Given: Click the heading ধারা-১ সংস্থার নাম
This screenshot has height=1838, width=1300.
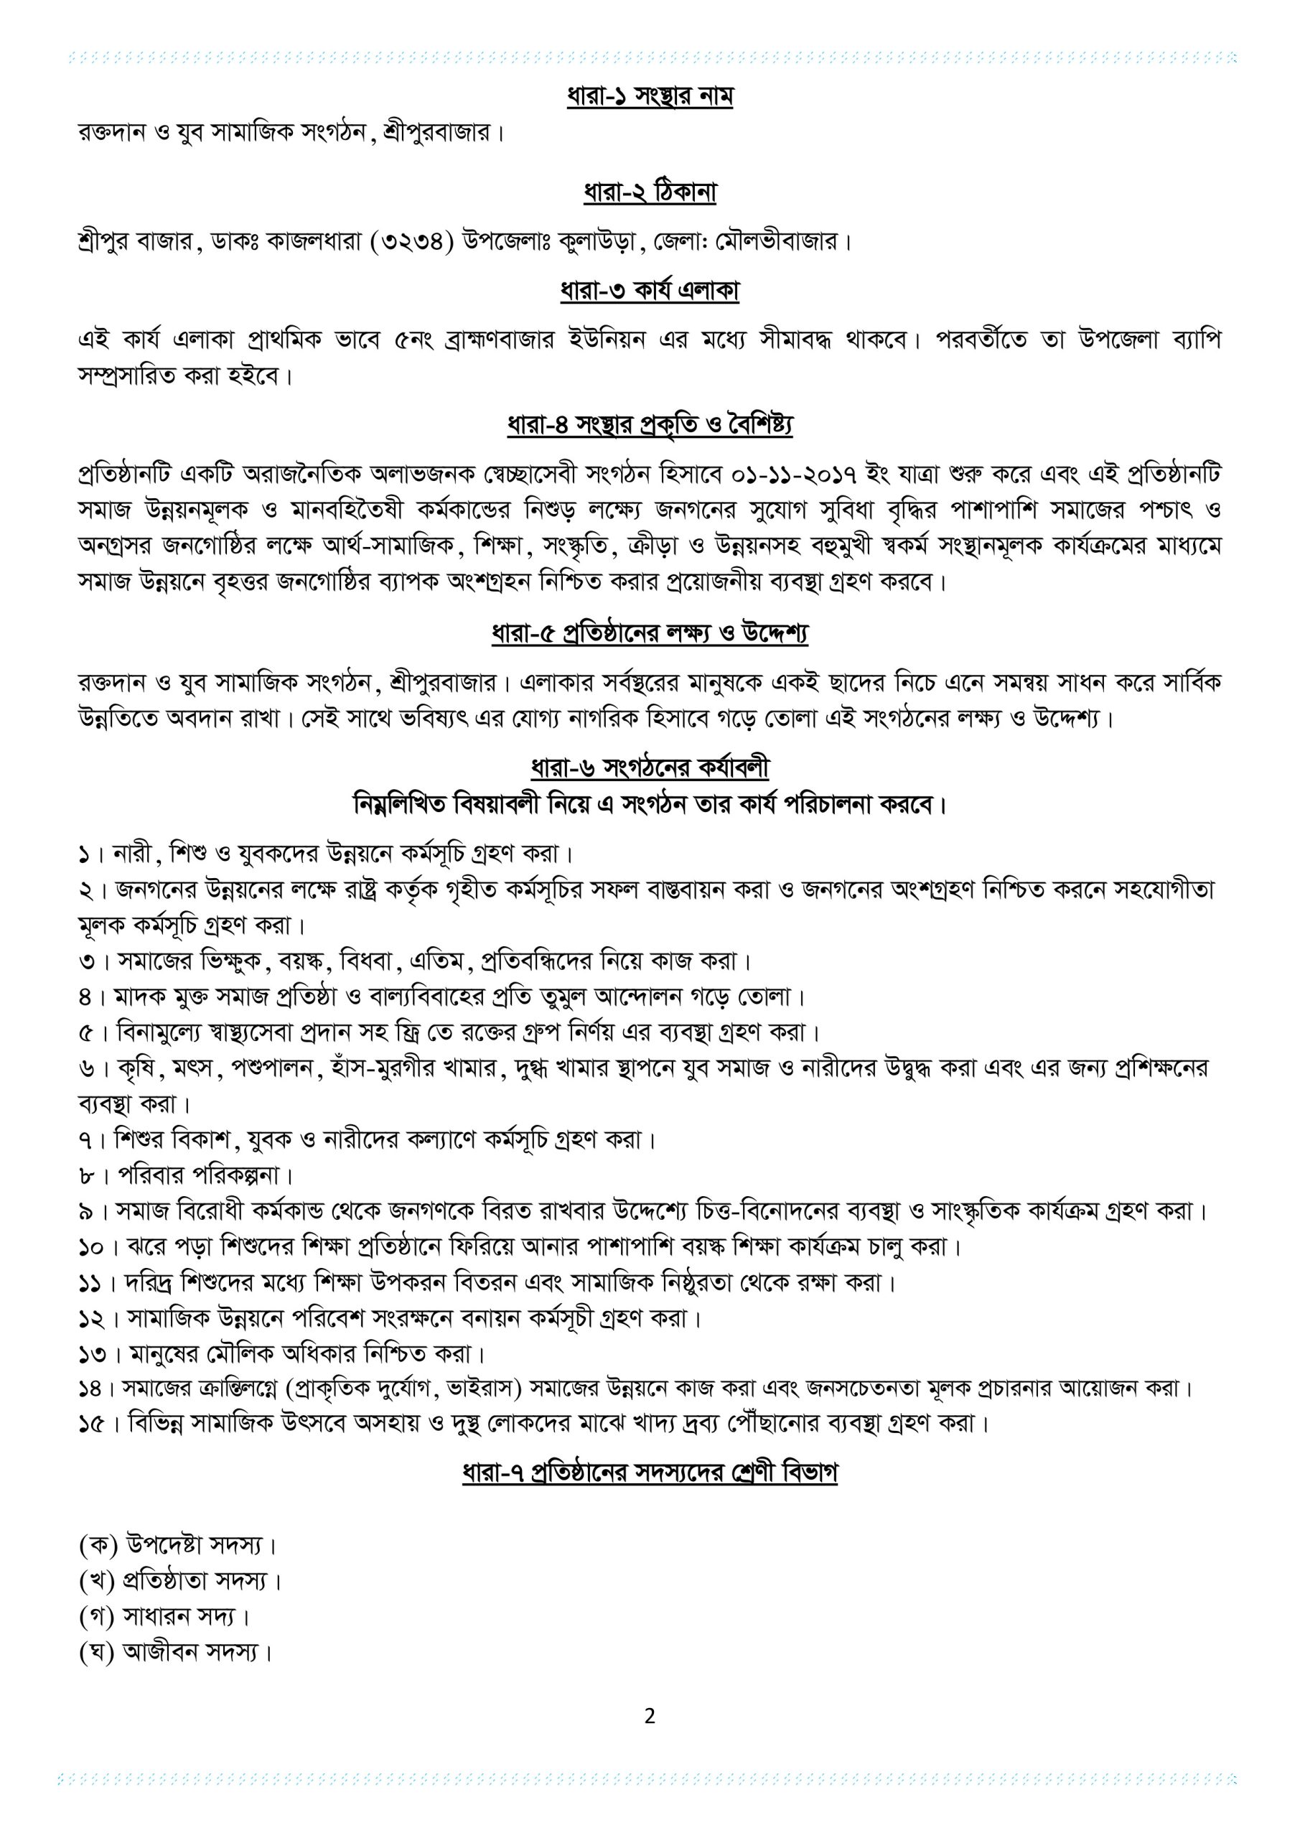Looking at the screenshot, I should [649, 97].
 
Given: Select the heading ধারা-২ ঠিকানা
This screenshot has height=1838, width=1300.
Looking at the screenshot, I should [649, 193].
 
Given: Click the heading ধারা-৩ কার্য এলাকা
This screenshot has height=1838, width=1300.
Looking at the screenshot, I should [649, 291].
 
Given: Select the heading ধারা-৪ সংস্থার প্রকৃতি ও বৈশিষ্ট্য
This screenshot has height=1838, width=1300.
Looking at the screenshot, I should [649, 425].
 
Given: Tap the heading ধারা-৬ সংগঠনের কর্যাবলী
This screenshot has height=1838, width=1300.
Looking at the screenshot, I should [649, 768].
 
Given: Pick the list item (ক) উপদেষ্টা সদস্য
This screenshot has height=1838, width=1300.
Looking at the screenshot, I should [178, 1544].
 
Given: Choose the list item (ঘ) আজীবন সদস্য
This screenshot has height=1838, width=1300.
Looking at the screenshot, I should [176, 1651].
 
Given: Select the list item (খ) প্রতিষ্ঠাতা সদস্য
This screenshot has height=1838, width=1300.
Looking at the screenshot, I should [180, 1580].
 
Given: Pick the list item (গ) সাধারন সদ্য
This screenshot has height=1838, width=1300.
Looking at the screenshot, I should [165, 1616].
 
